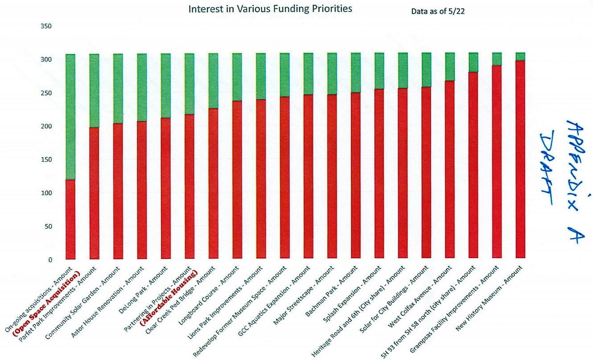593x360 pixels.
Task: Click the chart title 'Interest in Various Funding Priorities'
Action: pos(270,9)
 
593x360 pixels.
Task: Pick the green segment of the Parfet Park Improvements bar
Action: pos(94,91)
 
